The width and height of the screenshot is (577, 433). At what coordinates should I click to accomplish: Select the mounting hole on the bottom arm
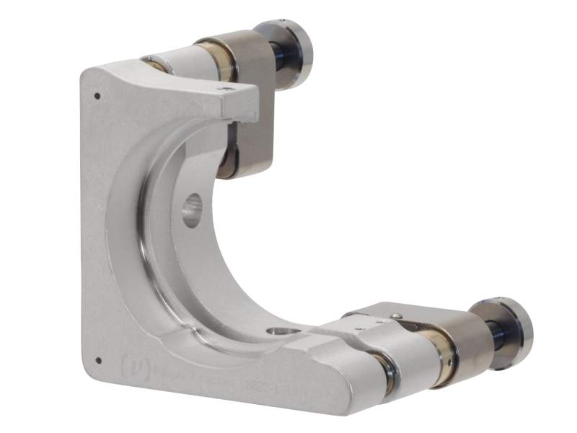[277, 332]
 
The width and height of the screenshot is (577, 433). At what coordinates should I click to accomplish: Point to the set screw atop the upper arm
[229, 89]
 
